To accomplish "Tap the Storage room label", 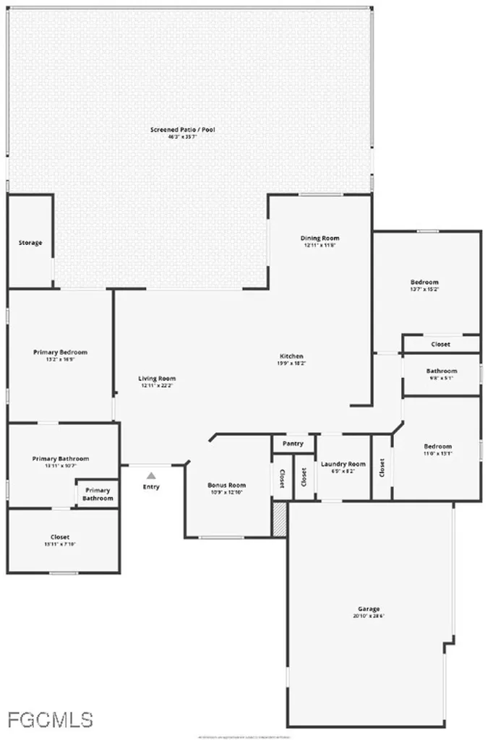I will pos(30,243).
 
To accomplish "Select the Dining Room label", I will pos(320,238).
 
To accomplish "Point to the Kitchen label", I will pos(291,356).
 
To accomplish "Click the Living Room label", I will pos(157,378).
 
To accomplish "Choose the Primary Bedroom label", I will pos(60,352).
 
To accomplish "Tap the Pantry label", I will pos(293,444).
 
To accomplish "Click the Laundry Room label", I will pos(343,464).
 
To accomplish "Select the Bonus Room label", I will pos(226,485).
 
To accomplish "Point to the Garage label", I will pos(368,608).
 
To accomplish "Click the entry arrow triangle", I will pos(151,476).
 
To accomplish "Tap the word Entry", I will pos(151,487).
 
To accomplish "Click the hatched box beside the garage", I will pos(280,520).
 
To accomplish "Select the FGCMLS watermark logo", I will pos(50,719).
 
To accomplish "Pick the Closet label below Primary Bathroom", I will pos(60,537).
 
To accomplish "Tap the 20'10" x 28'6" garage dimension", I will pos(368,616).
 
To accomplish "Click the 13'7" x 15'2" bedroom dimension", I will pos(424,289).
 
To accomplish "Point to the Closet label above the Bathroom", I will pos(440,344).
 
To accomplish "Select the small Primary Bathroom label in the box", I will pos(97,494).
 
